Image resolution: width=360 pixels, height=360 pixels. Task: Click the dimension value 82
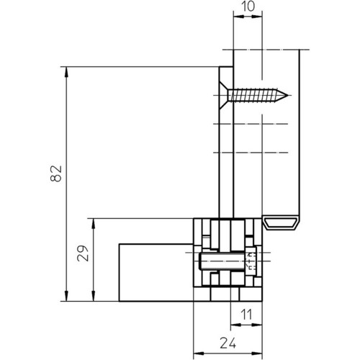coord(56,174)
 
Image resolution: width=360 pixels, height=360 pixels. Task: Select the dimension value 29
coord(83,253)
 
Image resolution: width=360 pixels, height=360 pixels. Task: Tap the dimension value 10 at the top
coord(248,6)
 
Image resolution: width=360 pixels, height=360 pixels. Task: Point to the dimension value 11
coord(246,315)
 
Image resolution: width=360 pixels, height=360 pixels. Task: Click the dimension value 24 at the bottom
coord(228,343)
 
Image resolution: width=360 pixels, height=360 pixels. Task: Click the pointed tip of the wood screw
coord(288,96)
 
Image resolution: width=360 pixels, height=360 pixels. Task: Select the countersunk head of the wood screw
coord(224,96)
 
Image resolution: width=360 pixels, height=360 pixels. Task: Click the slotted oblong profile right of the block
coord(281,222)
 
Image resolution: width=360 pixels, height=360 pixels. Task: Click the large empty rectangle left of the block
coord(156,272)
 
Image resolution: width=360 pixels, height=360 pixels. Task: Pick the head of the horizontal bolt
coord(251,261)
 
